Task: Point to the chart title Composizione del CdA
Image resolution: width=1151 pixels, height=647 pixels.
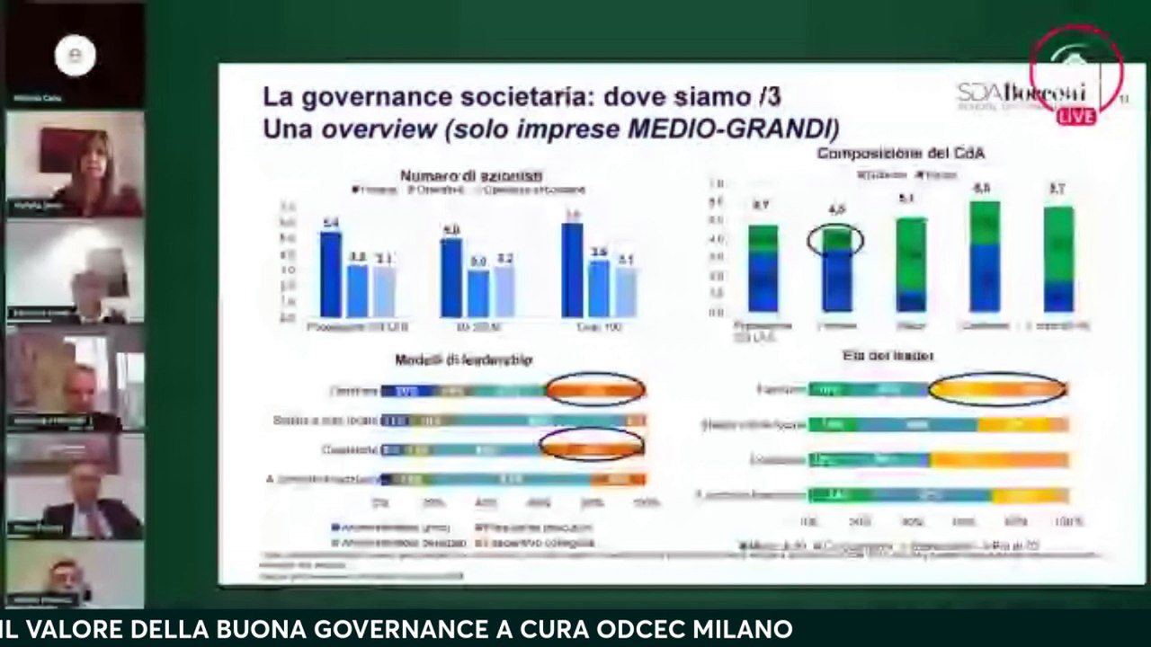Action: coord(900,154)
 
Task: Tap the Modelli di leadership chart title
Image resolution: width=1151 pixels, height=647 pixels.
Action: coord(463,359)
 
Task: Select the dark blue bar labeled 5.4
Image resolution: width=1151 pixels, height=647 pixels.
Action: coord(331,274)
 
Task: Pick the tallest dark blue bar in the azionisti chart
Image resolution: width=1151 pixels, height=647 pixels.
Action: coord(572,270)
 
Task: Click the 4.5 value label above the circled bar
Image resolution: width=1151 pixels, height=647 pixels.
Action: coord(836,210)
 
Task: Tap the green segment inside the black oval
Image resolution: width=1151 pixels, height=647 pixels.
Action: coord(835,239)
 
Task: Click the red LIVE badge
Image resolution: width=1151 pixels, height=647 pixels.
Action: coord(1075,116)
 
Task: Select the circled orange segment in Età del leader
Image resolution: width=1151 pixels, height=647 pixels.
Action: coord(996,390)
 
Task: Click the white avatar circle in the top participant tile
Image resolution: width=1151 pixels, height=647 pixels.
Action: coord(75,56)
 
